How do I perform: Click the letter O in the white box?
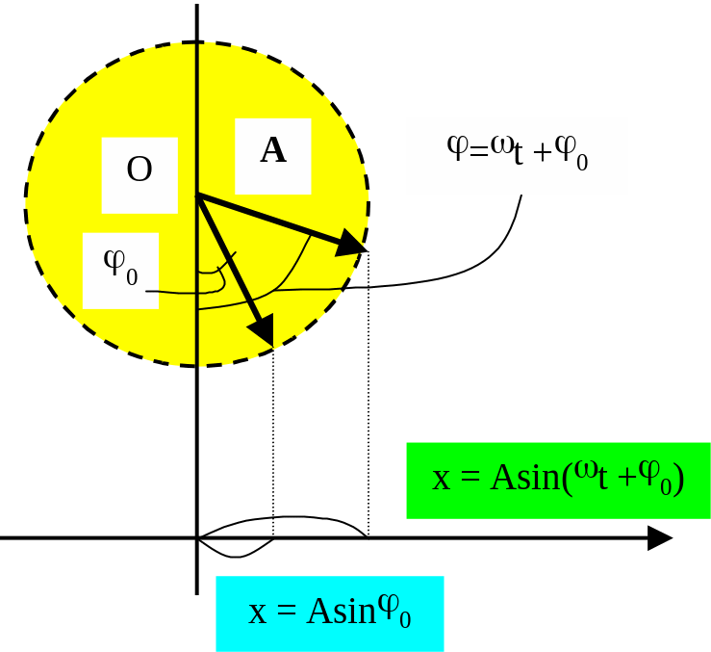pos(140,170)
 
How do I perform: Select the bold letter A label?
pos(273,150)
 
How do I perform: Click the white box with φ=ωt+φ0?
pos(517,156)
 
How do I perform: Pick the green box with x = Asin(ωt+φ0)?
pos(558,480)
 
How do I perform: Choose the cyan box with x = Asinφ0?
pos(329,613)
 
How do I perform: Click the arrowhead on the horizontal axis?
pos(660,538)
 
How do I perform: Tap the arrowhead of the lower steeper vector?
pos(263,331)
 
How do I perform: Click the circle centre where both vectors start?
pos(197,196)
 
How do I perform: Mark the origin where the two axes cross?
pos(197,538)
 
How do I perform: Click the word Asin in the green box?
pos(524,479)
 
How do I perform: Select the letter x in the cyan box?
pos(257,613)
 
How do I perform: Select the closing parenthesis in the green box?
pos(678,479)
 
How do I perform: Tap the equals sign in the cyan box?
pos(286,613)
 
